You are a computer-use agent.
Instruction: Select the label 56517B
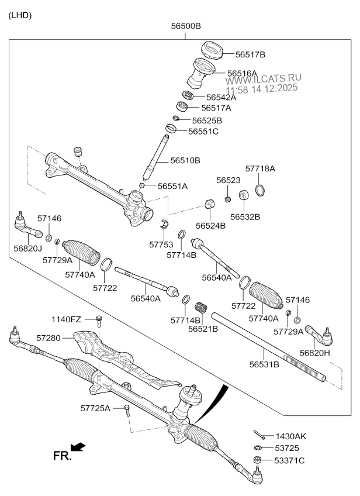[250, 54]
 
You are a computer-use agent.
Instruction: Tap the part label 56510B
[185, 160]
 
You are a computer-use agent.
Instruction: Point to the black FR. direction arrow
[78, 447]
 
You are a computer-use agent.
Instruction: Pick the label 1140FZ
[66, 319]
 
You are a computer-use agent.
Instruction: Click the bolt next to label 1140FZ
[98, 320]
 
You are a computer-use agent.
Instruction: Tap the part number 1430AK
[290, 436]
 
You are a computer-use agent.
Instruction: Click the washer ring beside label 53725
[257, 448]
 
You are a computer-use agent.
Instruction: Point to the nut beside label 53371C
[257, 460]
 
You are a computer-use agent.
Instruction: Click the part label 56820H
[315, 353]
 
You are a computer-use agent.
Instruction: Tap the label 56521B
[203, 329]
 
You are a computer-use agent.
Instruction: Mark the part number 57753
[161, 244]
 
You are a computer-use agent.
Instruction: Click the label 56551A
[172, 186]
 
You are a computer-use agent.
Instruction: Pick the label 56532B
[245, 216]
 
